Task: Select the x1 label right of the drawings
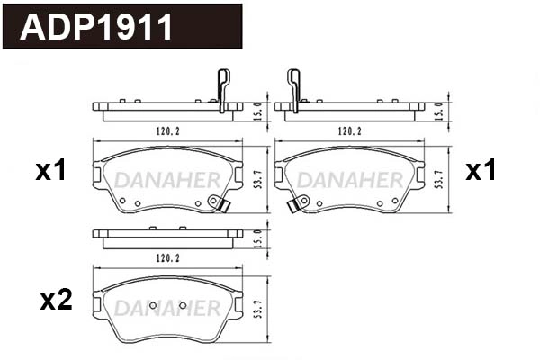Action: click(481, 171)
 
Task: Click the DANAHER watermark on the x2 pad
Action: click(166, 309)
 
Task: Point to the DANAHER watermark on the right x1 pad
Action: click(349, 180)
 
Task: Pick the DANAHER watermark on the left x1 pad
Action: click(166, 180)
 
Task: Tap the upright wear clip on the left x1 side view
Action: click(222, 91)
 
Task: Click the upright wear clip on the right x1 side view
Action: click(293, 91)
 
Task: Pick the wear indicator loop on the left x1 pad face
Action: click(216, 203)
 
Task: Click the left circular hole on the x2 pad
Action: click(152, 306)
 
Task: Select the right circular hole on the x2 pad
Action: click(183, 306)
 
